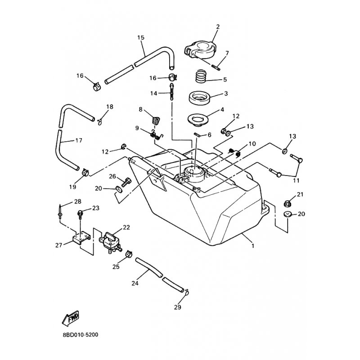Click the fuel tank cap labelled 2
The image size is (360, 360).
pos(200,49)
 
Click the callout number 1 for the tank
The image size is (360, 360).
pos(253,246)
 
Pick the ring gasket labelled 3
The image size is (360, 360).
pos(199,98)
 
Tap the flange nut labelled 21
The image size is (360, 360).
pos(288,203)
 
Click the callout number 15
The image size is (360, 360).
pos(141,37)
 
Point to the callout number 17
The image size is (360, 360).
pos(79,140)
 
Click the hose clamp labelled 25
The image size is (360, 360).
pos(129,254)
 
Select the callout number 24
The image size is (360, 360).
pos(135,283)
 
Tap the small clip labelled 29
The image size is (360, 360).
pos(186,292)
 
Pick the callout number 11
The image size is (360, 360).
pos(296,180)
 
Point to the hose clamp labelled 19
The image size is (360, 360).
pos(85,172)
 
